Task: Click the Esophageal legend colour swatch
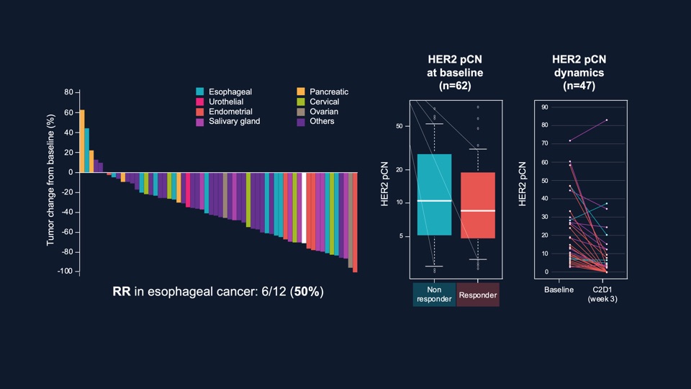coord(200,92)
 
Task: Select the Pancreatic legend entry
coord(329,92)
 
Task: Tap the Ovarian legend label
coord(324,112)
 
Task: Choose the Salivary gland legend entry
coord(234,122)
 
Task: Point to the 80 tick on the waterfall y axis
coord(68,92)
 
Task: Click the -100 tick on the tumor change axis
coord(66,271)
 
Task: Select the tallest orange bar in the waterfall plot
coord(82,141)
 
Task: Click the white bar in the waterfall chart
coord(304,207)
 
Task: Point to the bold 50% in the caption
coord(309,292)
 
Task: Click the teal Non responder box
coord(434,194)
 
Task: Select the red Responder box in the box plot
coord(479,205)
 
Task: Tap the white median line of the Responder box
coord(479,210)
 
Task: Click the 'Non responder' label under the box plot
coord(434,295)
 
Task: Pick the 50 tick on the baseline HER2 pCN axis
coord(400,126)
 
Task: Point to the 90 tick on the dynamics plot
coord(545,107)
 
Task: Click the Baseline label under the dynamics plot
coord(559,290)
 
